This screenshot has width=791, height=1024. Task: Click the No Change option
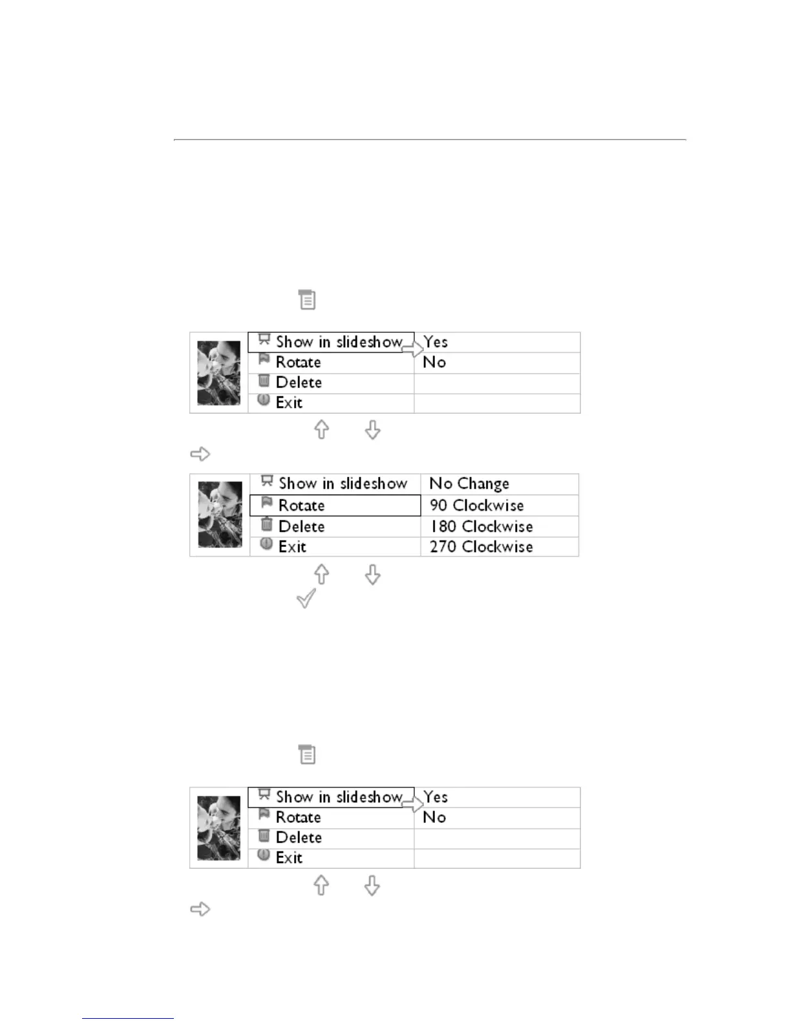(469, 484)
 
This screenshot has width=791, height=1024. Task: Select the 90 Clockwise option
(476, 506)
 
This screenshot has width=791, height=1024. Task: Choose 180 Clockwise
(481, 526)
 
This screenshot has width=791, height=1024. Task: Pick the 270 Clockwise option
(481, 547)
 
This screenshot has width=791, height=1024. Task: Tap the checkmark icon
(306, 598)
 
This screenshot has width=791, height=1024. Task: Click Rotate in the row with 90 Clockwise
(301, 506)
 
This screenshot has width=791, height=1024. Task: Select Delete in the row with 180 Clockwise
(301, 526)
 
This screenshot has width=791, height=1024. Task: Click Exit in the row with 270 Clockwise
(292, 547)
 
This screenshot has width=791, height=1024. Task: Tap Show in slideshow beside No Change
(343, 484)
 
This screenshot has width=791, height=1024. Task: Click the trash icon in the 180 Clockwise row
(266, 524)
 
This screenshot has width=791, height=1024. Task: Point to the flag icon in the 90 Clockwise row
(266, 503)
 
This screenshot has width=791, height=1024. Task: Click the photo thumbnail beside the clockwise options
(220, 515)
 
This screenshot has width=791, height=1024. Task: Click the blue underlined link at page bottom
(127, 1018)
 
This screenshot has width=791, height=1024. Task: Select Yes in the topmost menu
(436, 342)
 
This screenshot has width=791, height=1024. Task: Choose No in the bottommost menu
(434, 817)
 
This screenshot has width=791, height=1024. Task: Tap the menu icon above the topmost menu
(307, 300)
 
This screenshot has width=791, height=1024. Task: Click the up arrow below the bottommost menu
(321, 886)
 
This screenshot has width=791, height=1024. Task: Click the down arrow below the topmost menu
(372, 431)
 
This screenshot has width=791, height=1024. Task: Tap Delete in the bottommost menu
(299, 838)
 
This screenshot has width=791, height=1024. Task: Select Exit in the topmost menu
(289, 403)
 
